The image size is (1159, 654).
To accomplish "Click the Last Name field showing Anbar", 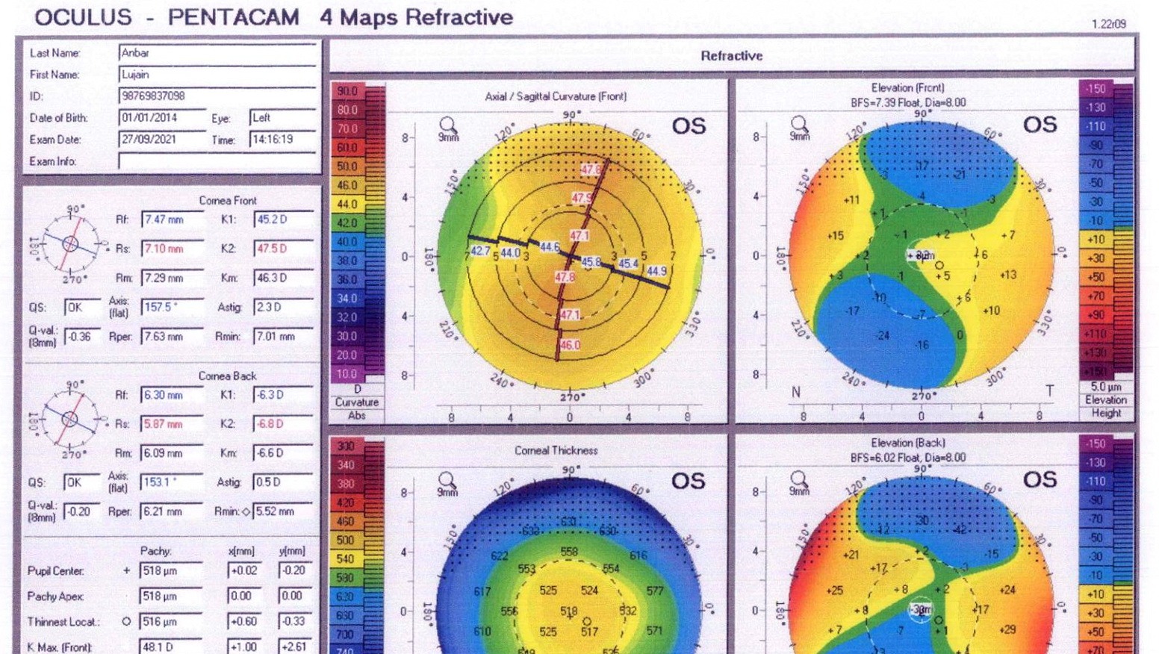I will [x=217, y=53].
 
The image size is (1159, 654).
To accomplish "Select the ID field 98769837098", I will [x=217, y=96].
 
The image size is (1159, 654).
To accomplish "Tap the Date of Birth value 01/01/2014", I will [x=162, y=118].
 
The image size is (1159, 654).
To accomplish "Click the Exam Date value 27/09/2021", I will [x=162, y=140].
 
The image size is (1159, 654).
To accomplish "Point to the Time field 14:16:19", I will [x=282, y=140].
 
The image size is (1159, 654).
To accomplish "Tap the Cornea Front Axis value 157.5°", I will [x=172, y=307].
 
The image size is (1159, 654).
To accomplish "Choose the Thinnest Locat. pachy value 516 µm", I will [x=171, y=621].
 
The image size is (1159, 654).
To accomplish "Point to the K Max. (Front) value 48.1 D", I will [x=171, y=647].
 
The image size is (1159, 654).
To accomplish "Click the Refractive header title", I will [x=731, y=56].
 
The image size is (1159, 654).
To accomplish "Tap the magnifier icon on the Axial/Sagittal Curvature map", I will [x=448, y=125].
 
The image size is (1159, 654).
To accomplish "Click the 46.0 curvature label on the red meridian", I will [x=570, y=345].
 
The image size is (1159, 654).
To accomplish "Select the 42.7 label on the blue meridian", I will [x=479, y=251].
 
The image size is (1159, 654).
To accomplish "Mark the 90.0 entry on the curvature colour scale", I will [x=347, y=91].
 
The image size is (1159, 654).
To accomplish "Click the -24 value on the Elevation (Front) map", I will [x=883, y=335].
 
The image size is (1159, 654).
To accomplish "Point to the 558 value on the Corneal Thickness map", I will [x=569, y=552].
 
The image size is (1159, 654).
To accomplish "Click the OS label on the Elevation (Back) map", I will [x=1040, y=480].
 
